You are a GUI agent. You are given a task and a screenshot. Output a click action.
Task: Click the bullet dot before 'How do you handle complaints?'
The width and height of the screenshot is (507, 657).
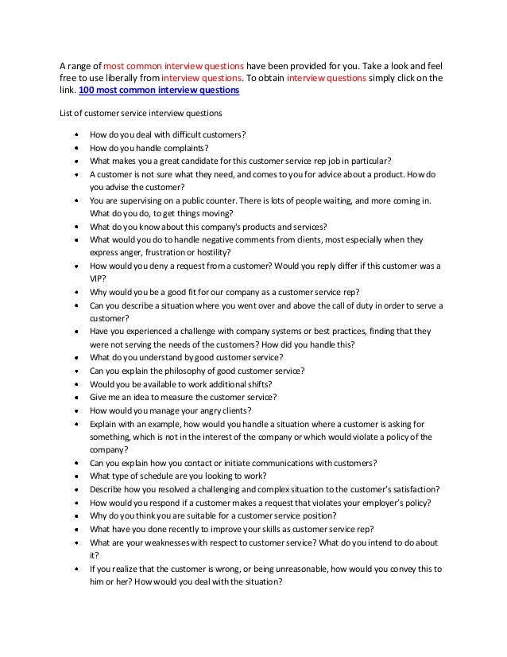coord(75,148)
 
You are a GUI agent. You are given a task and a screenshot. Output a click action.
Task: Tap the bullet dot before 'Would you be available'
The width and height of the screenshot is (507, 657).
coord(75,384)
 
